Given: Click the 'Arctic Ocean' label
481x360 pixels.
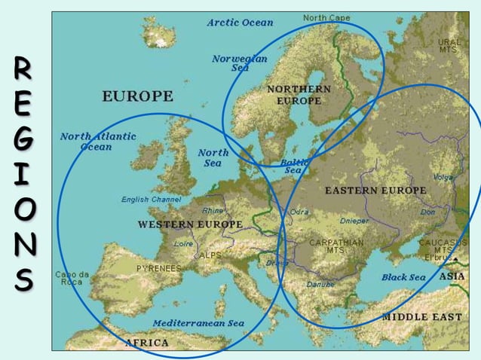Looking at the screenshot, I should click(x=240, y=23).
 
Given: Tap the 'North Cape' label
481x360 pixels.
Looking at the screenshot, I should click(x=326, y=17).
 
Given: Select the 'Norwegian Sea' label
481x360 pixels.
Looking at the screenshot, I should click(x=240, y=63).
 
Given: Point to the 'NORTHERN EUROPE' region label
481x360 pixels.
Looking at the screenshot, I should click(x=299, y=95).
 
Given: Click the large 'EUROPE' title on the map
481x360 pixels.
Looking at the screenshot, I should click(x=137, y=96).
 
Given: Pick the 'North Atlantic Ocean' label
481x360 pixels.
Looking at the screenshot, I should click(x=97, y=142).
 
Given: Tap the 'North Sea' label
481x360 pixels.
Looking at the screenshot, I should click(x=213, y=157).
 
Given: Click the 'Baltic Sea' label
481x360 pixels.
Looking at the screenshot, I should click(x=293, y=166).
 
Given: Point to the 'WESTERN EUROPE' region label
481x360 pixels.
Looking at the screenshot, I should click(x=190, y=224).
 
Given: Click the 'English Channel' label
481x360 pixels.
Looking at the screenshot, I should click(x=151, y=200).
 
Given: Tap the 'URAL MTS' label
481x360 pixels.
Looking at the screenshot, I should click(x=449, y=45).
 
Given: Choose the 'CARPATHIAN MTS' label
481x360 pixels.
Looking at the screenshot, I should click(x=336, y=246).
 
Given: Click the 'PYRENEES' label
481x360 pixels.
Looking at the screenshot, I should click(x=158, y=267).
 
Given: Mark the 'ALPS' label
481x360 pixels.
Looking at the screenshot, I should click(x=210, y=255).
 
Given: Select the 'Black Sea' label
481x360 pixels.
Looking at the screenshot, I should click(x=403, y=277).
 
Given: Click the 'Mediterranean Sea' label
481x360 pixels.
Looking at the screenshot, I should click(x=198, y=322).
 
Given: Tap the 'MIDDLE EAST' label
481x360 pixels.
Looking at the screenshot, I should click(x=421, y=317).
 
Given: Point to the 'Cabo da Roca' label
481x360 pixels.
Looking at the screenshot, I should click(x=72, y=278).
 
